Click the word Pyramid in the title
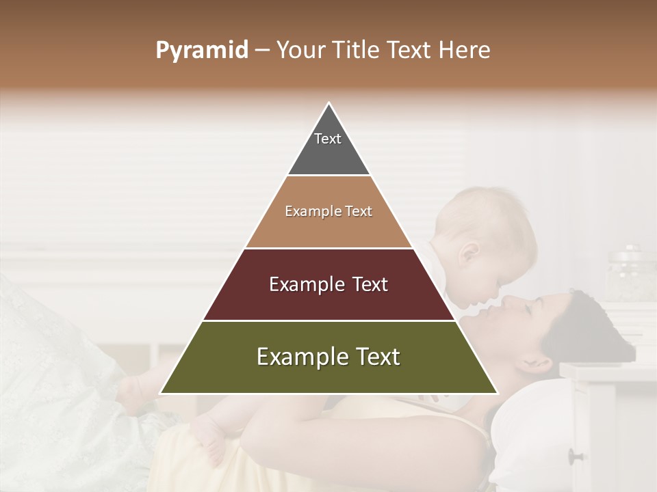click(202, 51)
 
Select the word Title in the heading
click(357, 51)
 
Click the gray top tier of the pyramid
click(328, 147)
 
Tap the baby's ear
click(472, 256)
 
